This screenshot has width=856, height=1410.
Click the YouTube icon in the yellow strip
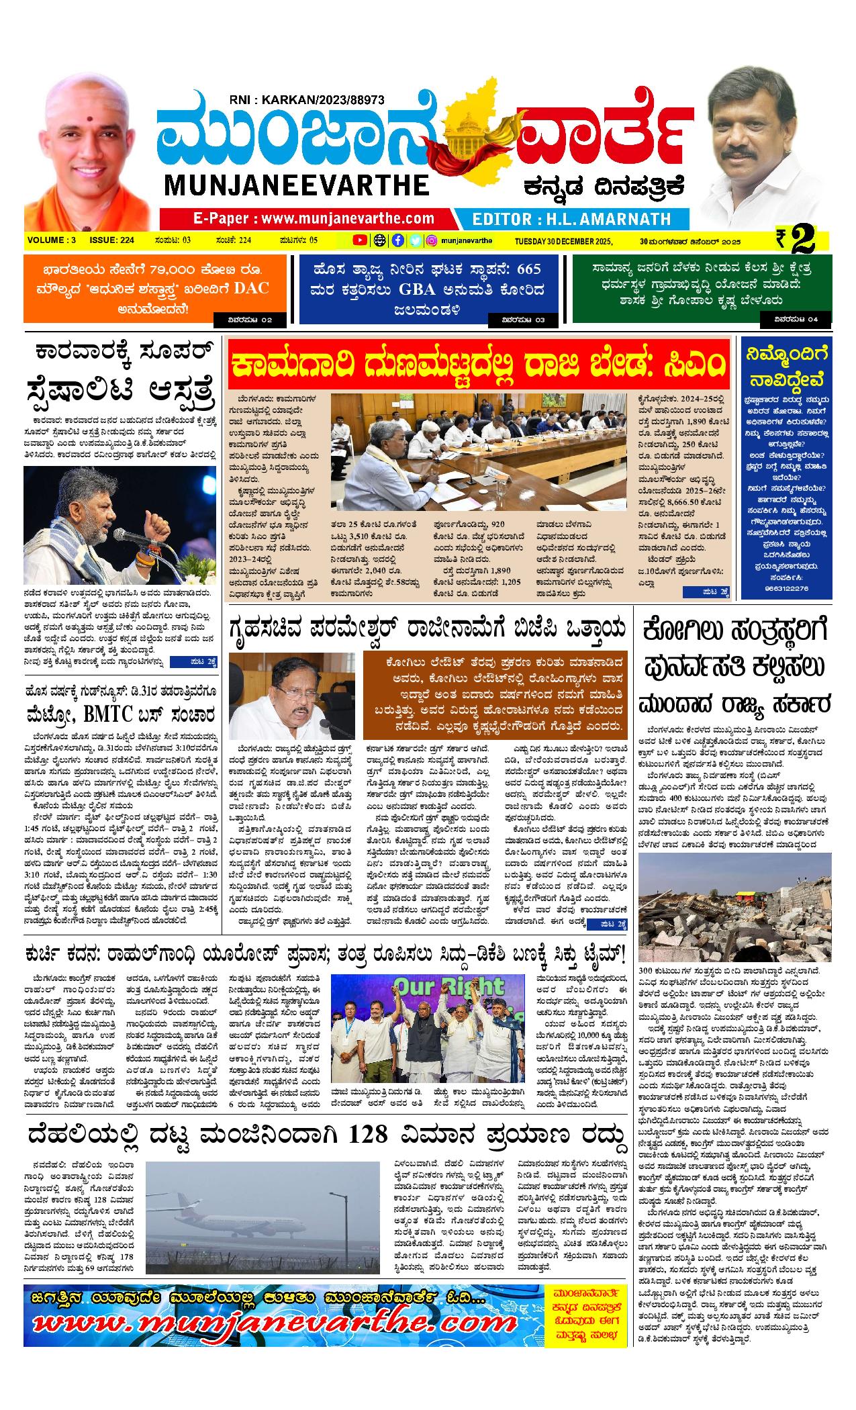(360, 240)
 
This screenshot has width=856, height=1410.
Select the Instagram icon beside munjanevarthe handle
(433, 240)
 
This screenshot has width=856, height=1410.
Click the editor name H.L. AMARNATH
(571, 219)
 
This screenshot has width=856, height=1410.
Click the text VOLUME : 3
(52, 240)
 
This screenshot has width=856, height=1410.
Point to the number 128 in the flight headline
(369, 1134)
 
